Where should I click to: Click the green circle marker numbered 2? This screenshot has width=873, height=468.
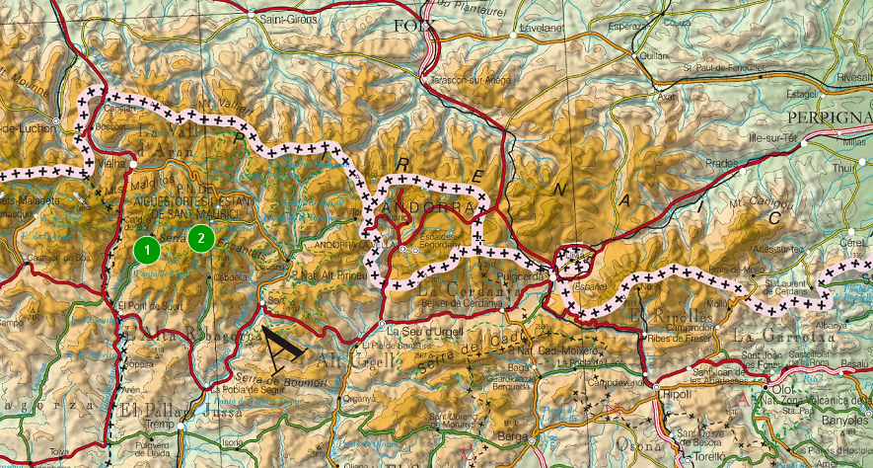point(201,237)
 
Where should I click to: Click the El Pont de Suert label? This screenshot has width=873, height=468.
point(150,305)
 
